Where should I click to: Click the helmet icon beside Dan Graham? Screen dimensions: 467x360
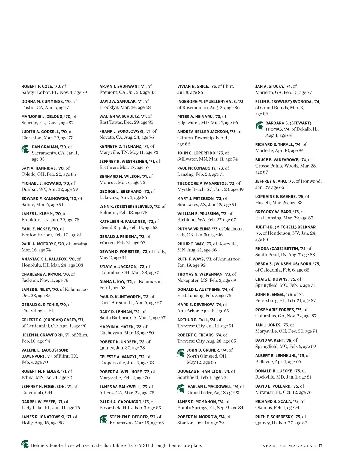click(25, 149)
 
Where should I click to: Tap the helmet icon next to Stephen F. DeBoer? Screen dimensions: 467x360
click(103, 419)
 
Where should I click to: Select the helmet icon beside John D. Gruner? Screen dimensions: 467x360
click(181, 353)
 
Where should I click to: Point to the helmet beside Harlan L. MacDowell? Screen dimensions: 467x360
click(181, 389)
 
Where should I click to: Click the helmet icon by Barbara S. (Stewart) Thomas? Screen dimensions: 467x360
click(259, 126)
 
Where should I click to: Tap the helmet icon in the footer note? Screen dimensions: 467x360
click(25, 444)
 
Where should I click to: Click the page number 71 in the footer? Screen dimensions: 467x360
click(320, 446)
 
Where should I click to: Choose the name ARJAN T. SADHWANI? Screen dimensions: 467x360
click(120, 86)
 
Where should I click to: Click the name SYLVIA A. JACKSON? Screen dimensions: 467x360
click(118, 266)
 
